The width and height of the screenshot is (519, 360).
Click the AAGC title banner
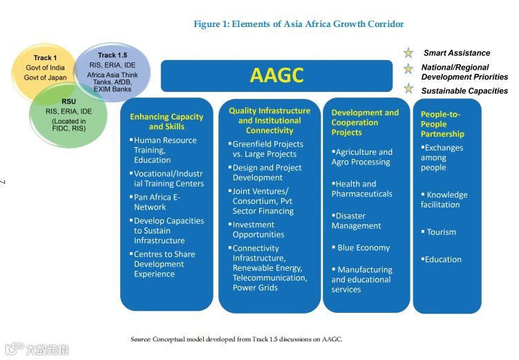point(276,75)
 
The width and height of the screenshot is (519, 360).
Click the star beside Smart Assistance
point(408,53)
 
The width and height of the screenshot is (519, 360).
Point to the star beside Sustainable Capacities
point(408,89)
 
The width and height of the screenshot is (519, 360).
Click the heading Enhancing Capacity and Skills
point(167,122)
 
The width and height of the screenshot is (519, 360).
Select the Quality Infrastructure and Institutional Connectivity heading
point(270,120)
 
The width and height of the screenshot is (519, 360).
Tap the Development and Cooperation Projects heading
point(365,122)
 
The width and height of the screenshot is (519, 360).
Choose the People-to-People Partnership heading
point(442,124)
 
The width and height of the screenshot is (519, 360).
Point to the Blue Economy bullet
point(363,247)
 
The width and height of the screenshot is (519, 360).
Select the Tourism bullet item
point(441,232)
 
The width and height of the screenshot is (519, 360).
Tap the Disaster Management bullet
point(357,220)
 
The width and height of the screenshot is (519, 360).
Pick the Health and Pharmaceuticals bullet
point(361,189)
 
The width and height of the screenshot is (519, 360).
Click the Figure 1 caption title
point(299,24)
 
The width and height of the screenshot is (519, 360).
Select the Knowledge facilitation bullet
point(444,200)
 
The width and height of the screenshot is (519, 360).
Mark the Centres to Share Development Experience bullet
point(164,264)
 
